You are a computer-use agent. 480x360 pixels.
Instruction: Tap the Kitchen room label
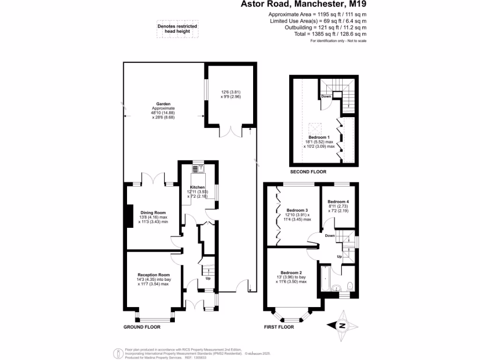tap(197, 187)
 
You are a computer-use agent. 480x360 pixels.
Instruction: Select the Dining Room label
tap(153, 212)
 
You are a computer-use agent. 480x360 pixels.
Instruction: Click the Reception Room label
tap(153, 275)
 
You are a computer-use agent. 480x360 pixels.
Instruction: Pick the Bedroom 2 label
tap(291, 273)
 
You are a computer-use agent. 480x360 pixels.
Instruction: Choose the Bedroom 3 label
tap(297, 210)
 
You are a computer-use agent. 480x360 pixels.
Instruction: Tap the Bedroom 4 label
tap(337, 202)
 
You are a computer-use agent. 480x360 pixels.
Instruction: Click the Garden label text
tap(163, 104)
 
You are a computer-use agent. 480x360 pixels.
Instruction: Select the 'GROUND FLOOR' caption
tap(142, 327)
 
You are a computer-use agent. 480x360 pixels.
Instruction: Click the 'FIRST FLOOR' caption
tap(278, 327)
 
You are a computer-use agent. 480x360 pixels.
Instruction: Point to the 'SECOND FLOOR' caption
tap(308, 172)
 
